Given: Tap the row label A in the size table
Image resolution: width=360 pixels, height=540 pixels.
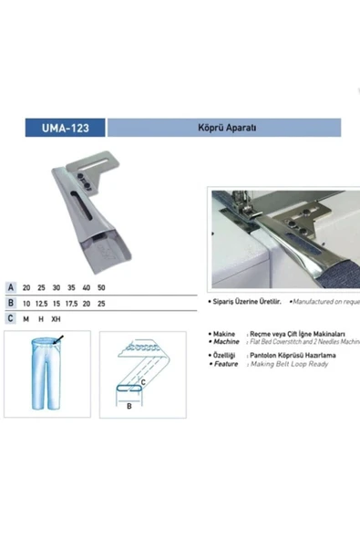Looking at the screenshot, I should tap(10, 286).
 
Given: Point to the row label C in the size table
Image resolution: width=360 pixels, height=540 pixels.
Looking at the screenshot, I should tap(10, 318).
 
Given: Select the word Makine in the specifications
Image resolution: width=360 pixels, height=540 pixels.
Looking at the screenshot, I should tap(227, 335).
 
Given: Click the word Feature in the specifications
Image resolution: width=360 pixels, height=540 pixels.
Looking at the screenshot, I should tap(227, 364).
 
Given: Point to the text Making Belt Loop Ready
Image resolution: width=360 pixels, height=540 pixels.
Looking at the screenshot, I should tap(292, 364).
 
